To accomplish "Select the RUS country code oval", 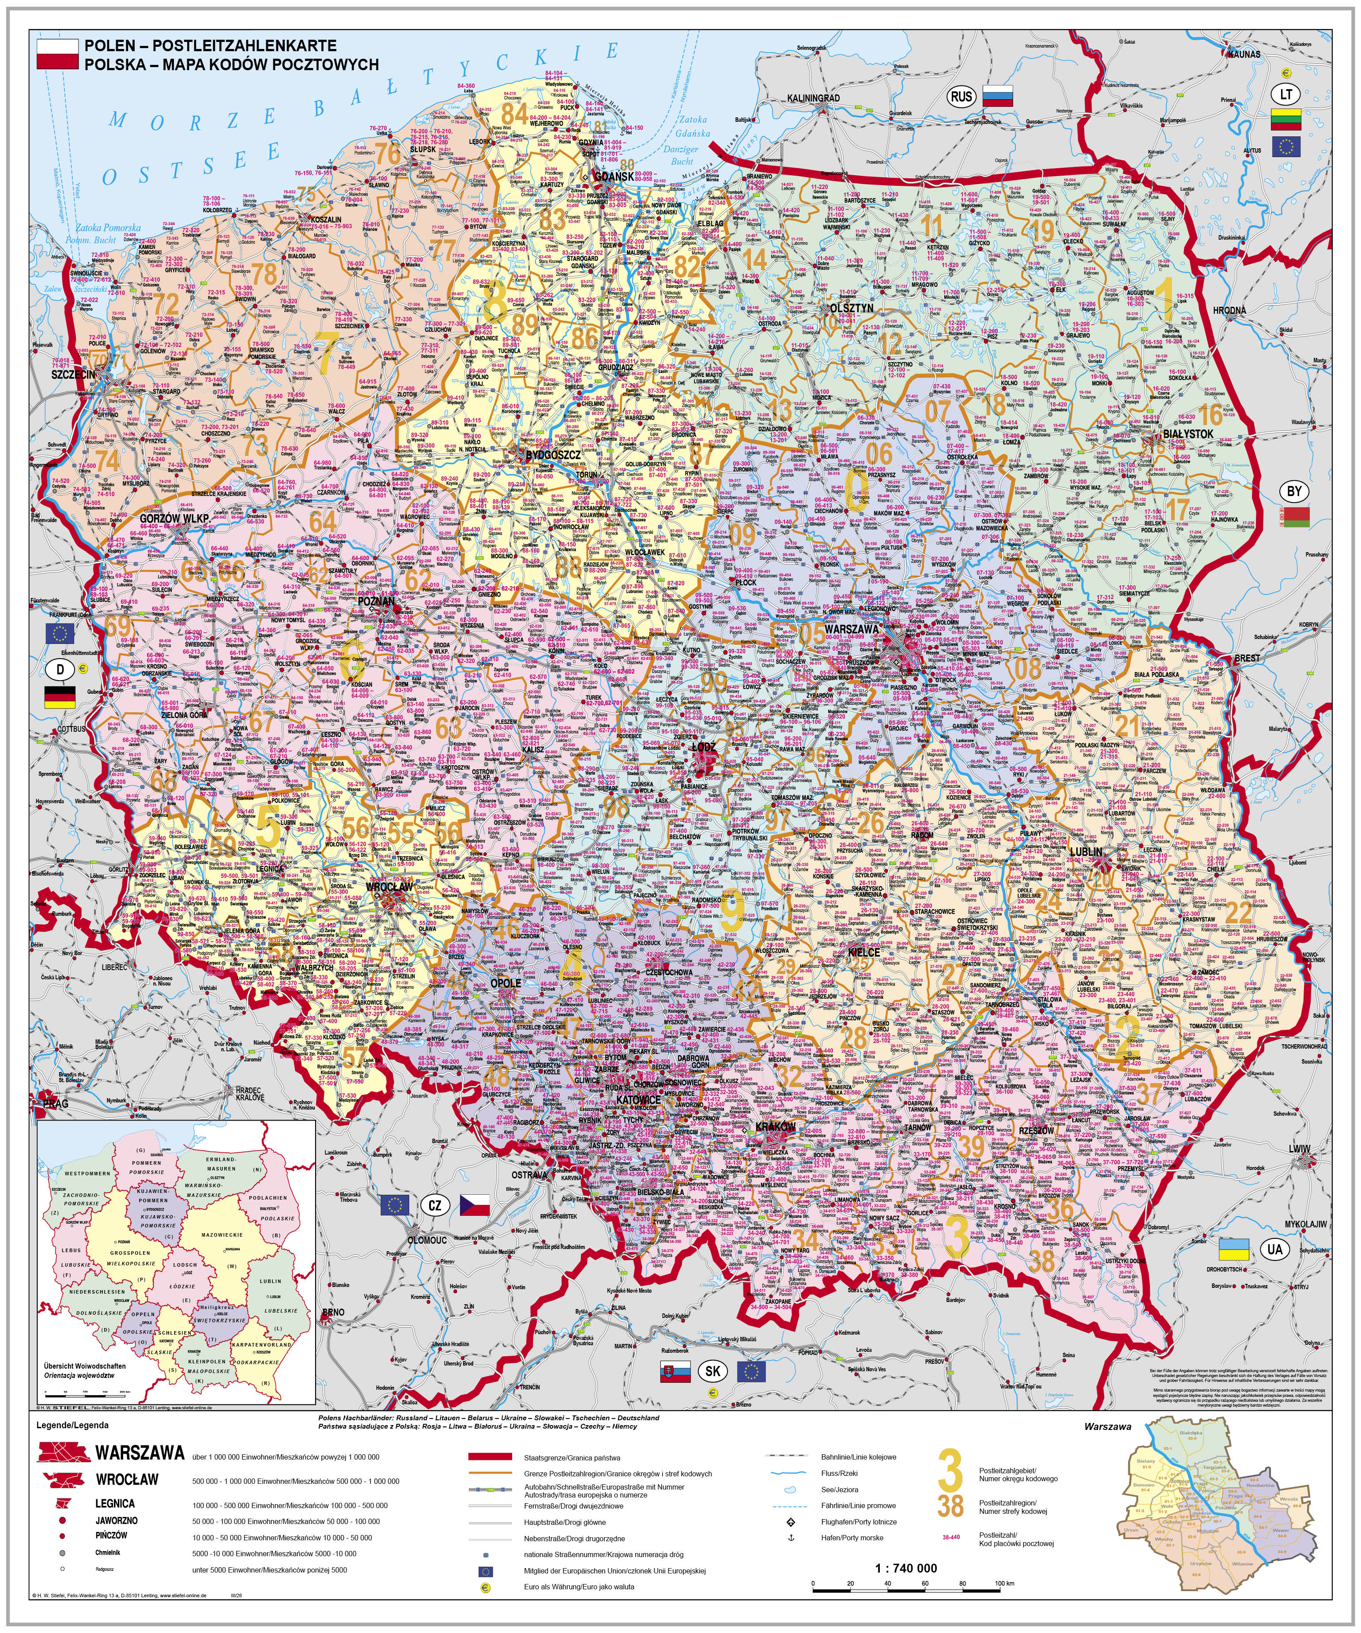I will coord(961,96).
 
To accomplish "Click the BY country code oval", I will coord(1294,492).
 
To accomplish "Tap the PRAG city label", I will coord(55,1103).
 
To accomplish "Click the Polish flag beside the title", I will coord(57,54).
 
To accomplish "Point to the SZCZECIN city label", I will coord(73,375).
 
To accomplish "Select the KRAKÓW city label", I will coord(775,1126).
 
